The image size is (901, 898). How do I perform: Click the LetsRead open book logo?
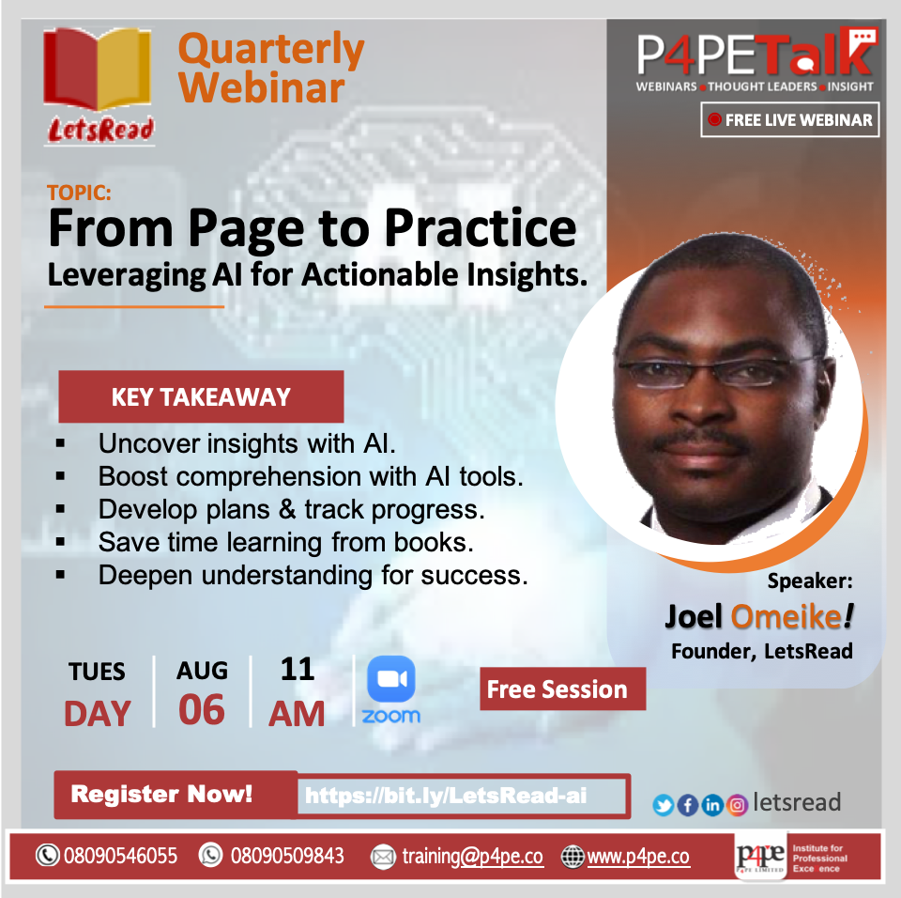tap(98, 68)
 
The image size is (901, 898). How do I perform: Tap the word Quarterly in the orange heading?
tap(271, 51)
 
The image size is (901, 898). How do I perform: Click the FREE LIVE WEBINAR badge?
tap(790, 119)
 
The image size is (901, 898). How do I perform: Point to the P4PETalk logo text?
tap(756, 53)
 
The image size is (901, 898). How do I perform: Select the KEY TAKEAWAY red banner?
tap(201, 397)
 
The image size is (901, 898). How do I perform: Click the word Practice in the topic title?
tap(481, 229)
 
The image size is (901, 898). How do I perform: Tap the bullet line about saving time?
tap(285, 542)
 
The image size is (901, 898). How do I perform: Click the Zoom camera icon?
tap(390, 679)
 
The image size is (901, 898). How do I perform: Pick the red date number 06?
tap(202, 710)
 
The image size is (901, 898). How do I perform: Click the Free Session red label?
tap(562, 689)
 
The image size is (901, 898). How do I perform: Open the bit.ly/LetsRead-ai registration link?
tap(446, 796)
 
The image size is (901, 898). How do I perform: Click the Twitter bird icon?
tap(664, 805)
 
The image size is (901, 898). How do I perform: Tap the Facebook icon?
tap(688, 805)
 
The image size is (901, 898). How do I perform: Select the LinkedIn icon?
tap(712, 805)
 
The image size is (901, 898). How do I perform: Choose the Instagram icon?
tap(737, 805)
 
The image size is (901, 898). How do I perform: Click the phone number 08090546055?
tap(121, 856)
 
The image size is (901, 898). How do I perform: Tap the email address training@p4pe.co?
tap(472, 857)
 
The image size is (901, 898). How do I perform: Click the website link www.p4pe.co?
tap(638, 857)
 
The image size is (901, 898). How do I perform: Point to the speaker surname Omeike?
tap(786, 617)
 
